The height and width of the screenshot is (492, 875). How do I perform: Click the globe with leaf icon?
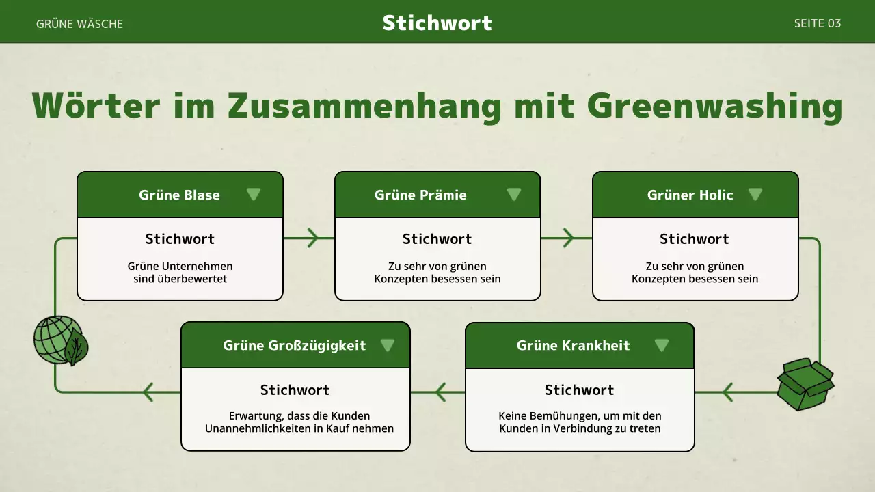pyautogui.click(x=60, y=340)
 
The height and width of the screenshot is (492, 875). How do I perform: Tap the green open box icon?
pyautogui.click(x=805, y=384)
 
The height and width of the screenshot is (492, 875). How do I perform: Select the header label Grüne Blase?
pyautogui.click(x=179, y=195)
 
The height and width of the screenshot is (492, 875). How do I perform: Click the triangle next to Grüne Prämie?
pyautogui.click(x=514, y=195)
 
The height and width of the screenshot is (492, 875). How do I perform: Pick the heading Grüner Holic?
pyautogui.click(x=690, y=195)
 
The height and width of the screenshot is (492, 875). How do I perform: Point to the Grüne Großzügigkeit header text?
pyautogui.click(x=294, y=346)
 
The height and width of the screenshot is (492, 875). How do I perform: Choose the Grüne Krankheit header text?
pyautogui.click(x=573, y=346)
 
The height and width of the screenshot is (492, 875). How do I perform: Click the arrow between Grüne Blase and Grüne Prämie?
pyautogui.click(x=312, y=238)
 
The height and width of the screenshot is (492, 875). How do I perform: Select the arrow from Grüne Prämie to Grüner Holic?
pyautogui.click(x=567, y=238)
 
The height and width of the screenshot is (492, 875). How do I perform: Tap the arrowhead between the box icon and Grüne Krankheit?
pyautogui.click(x=727, y=392)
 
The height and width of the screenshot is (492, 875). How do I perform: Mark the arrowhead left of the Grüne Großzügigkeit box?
pyautogui.click(x=148, y=392)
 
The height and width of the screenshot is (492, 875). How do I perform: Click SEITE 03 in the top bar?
pyautogui.click(x=817, y=23)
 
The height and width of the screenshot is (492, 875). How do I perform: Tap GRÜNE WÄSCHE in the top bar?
pyautogui.click(x=79, y=24)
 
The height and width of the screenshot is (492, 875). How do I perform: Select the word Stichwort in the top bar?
pyautogui.click(x=437, y=23)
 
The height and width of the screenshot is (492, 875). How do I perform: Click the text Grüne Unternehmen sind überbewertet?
pyautogui.click(x=180, y=273)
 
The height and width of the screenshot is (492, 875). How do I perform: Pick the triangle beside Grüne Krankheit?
pyautogui.click(x=661, y=345)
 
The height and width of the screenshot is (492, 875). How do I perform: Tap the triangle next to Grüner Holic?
pyautogui.click(x=755, y=195)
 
